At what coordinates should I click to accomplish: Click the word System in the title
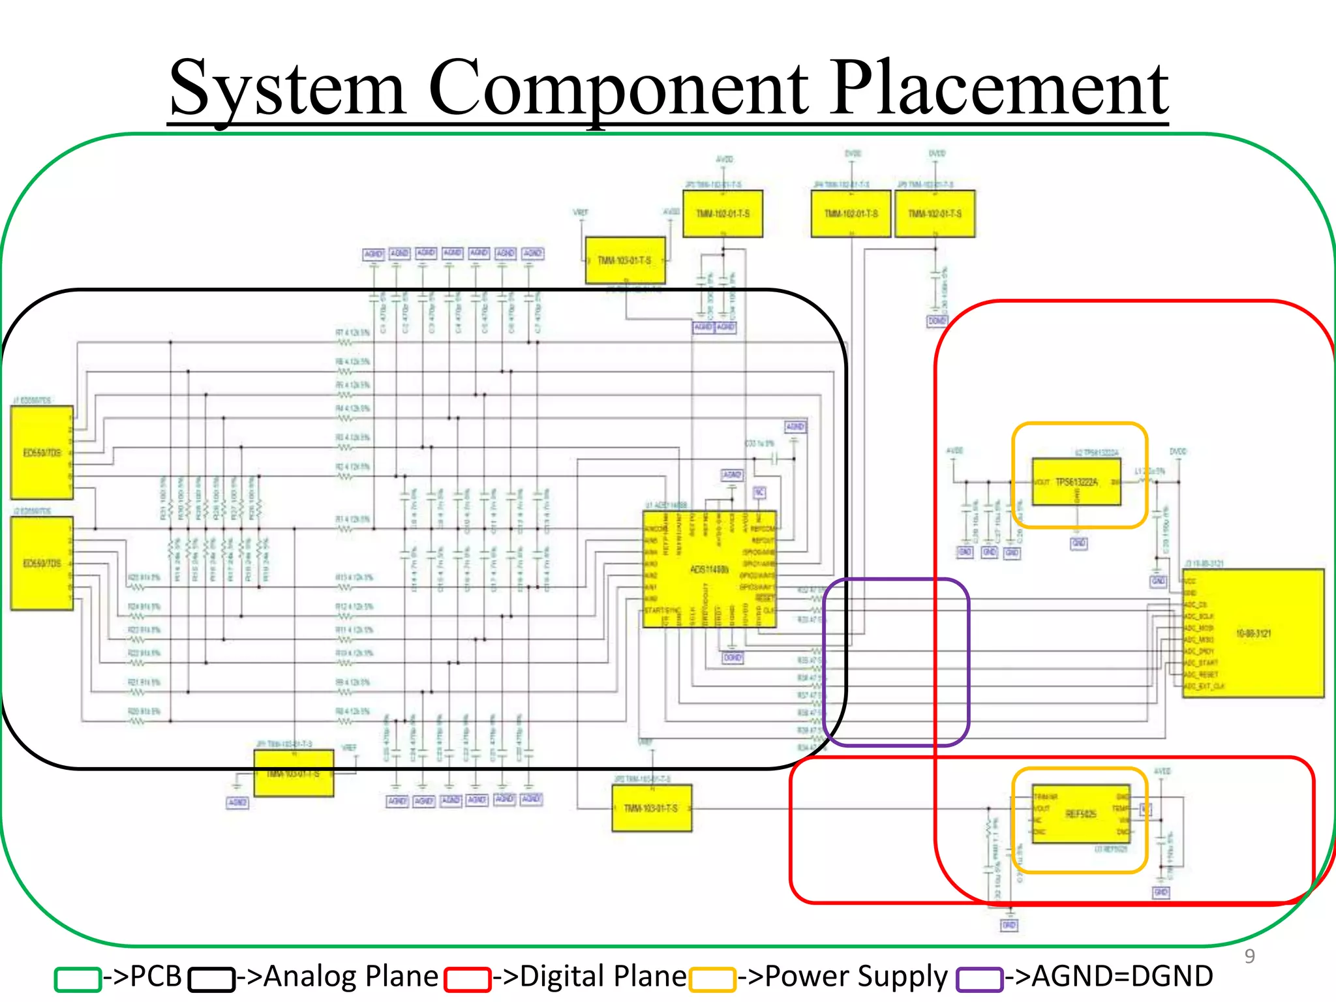tap(287, 88)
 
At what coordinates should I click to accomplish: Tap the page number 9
tap(1249, 956)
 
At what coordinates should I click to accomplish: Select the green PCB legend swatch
tap(78, 979)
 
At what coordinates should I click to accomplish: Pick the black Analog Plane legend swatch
tap(211, 979)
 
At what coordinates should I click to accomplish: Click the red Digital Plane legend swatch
tap(467, 979)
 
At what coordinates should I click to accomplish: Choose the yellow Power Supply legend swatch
tap(712, 979)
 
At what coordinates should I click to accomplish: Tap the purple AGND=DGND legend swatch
tap(979, 979)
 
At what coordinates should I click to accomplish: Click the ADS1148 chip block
tap(709, 569)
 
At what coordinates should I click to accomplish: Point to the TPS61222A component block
tap(1076, 482)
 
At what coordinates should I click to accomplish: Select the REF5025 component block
tap(1080, 814)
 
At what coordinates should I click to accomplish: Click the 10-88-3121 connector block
tap(1253, 633)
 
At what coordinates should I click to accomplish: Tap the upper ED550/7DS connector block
tap(42, 452)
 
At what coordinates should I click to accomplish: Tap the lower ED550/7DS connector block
tap(42, 563)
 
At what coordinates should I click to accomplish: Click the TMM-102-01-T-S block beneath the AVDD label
tap(723, 214)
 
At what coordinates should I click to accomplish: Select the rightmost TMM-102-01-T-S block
tap(935, 214)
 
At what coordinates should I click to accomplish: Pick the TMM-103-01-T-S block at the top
tap(625, 260)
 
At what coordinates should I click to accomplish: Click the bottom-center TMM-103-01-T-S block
tap(651, 808)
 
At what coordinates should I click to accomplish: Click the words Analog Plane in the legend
tap(350, 977)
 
